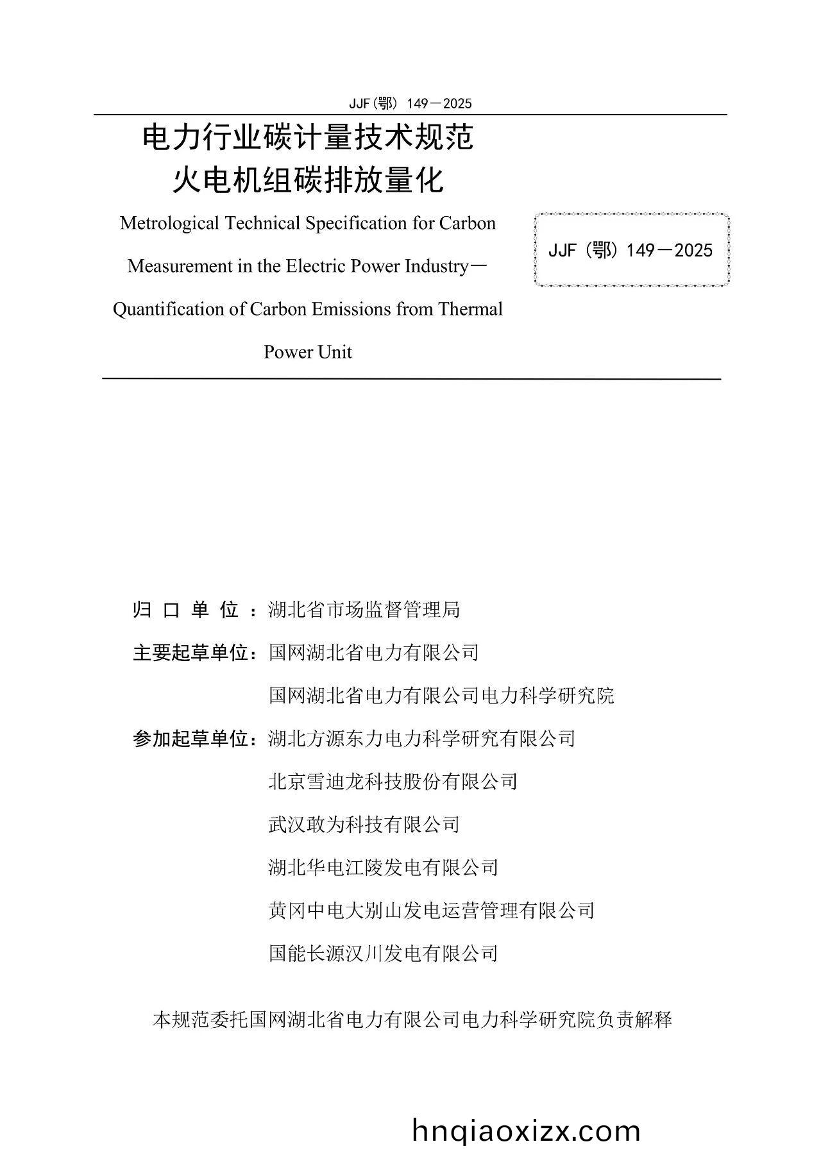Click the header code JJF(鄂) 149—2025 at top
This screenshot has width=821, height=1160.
(x=410, y=104)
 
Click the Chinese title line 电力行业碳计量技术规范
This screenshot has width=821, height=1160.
(x=308, y=138)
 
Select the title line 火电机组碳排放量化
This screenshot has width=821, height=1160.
(x=308, y=180)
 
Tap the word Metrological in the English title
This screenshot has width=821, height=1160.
(x=160, y=224)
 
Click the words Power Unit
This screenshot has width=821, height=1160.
(x=308, y=353)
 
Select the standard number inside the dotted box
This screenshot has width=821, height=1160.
(x=631, y=251)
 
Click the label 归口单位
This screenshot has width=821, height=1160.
(x=186, y=610)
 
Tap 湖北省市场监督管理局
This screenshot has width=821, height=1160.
(x=364, y=610)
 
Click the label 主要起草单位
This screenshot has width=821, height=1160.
(x=190, y=653)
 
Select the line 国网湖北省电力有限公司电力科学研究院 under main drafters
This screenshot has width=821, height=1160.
(x=441, y=696)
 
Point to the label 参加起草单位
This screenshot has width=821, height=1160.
(x=190, y=739)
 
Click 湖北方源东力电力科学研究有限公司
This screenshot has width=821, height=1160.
(x=422, y=739)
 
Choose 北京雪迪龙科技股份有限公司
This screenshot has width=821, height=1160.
(x=393, y=782)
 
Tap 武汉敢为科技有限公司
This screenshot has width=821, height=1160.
(x=364, y=825)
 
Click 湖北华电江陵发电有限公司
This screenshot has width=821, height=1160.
(x=383, y=868)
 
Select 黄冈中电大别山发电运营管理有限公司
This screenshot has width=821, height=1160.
(x=432, y=911)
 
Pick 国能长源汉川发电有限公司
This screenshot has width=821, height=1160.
(x=383, y=954)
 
